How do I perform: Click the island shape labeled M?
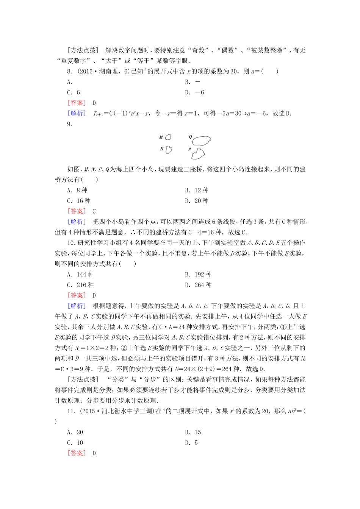click(168, 137)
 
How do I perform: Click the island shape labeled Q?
click(201, 141)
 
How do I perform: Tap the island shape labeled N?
click(169, 150)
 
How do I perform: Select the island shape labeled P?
click(198, 153)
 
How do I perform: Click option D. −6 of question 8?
click(194, 92)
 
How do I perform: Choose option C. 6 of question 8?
click(74, 92)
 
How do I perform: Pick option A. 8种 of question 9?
click(77, 190)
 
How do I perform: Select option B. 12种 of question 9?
click(197, 190)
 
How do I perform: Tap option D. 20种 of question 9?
click(197, 201)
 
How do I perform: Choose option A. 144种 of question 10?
click(80, 275)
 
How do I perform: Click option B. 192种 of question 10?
click(198, 275)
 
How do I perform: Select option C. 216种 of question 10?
click(80, 285)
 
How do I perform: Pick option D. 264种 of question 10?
click(198, 285)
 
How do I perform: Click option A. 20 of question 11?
click(75, 432)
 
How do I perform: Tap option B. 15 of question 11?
click(193, 432)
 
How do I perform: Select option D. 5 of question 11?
click(191, 443)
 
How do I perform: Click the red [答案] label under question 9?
click(77, 211)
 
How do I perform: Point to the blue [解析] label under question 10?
click(77, 306)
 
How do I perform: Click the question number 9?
click(69, 124)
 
